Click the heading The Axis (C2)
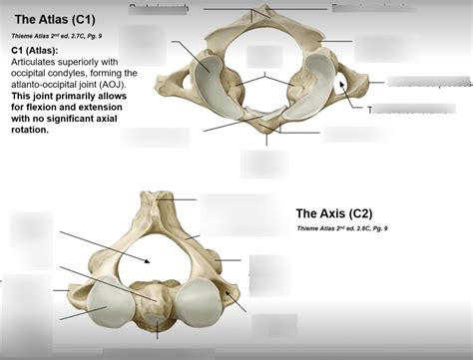pos(346,212)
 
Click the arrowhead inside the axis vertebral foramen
pos(149,260)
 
